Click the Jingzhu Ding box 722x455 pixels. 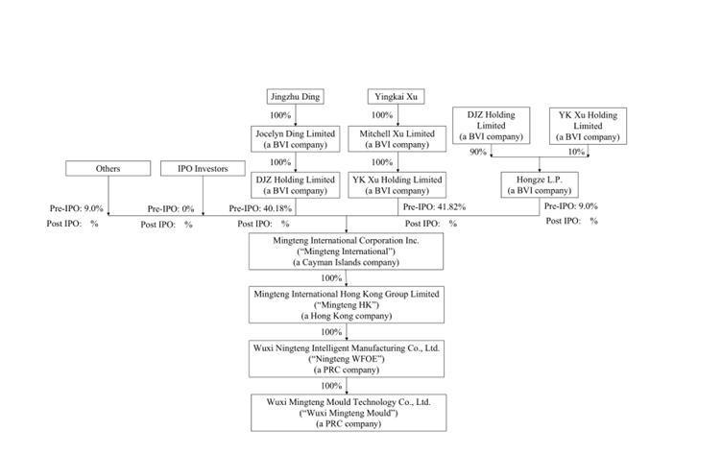point(295,96)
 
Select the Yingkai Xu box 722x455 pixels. point(396,96)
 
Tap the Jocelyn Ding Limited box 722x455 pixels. point(295,138)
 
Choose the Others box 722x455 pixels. point(108,169)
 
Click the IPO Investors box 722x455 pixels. point(203,169)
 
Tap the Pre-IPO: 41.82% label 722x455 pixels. point(434,206)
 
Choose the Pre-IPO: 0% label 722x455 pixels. point(170,208)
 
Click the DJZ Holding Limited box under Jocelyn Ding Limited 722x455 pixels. point(295,184)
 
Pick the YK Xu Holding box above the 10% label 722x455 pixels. point(588,126)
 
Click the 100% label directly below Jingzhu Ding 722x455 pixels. point(279,115)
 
